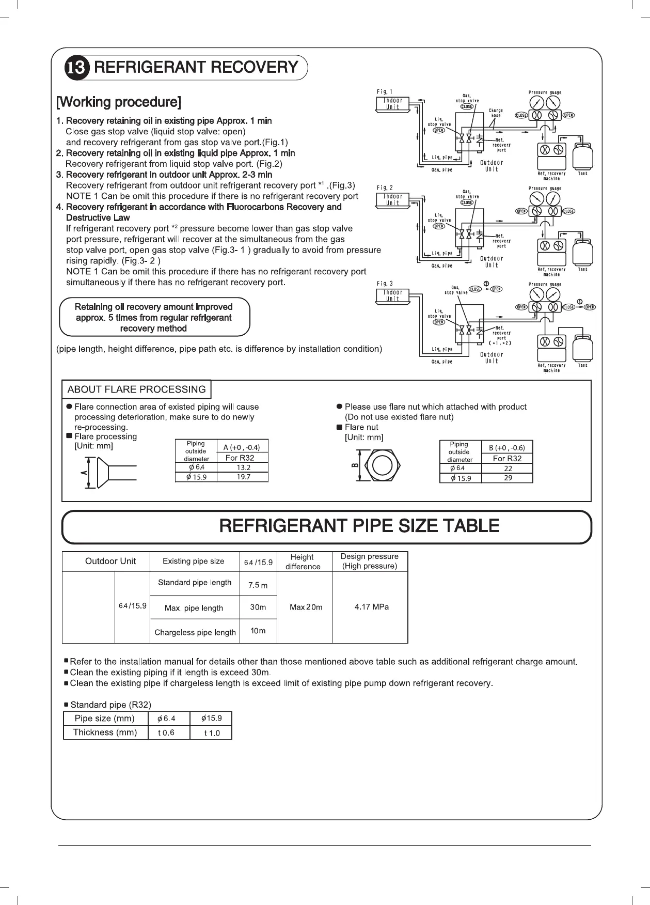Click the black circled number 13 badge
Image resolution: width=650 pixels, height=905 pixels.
[77, 68]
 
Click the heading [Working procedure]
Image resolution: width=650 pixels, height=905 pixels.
[118, 102]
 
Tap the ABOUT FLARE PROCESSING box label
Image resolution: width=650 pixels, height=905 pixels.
[136, 389]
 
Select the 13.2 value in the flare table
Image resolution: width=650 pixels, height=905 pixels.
[243, 467]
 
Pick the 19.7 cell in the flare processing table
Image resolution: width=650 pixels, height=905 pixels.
[243, 477]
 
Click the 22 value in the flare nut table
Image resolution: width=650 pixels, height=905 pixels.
[508, 469]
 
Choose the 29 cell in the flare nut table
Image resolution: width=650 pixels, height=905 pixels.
[508, 478]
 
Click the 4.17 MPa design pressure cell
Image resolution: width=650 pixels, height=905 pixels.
[371, 607]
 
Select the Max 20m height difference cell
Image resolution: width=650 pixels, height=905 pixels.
[306, 607]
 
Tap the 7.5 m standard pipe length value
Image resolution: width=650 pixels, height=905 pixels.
[258, 585]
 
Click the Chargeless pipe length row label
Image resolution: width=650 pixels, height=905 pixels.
[195, 632]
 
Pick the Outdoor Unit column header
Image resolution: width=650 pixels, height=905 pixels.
[110, 561]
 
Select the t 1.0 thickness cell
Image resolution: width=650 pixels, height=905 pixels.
[212, 733]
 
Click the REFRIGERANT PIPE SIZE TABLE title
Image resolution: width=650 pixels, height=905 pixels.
[359, 526]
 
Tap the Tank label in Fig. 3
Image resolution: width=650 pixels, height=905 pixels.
[582, 365]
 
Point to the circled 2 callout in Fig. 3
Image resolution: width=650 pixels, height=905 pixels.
[486, 283]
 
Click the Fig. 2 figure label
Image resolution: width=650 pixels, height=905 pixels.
[385, 188]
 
